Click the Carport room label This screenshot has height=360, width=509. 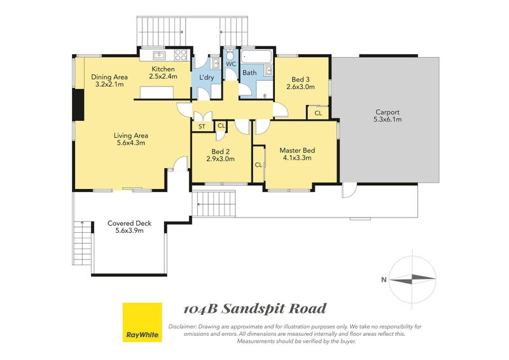pos(387,112)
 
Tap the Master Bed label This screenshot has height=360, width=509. pos(297,150)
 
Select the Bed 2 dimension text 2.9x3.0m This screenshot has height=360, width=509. pos(220,159)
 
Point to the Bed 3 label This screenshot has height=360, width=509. pos(300,80)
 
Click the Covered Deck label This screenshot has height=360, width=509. pos(130,223)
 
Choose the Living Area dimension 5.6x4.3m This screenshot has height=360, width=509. pos(131,143)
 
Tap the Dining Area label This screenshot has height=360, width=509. pos(109,77)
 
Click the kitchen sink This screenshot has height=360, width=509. pos(160,55)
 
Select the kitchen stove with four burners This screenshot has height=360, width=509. pos(181,55)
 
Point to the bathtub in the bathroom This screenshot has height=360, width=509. pos(256,57)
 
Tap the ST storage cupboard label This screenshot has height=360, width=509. pos(202,127)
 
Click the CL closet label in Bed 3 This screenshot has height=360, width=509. pos(318,113)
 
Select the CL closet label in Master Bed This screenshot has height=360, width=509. pos(258,165)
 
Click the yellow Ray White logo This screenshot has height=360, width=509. pos(142,322)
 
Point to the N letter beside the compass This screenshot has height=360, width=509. pos(384,280)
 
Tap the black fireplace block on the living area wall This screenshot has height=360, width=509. pos(78,106)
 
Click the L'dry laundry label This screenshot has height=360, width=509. pos(206,78)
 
